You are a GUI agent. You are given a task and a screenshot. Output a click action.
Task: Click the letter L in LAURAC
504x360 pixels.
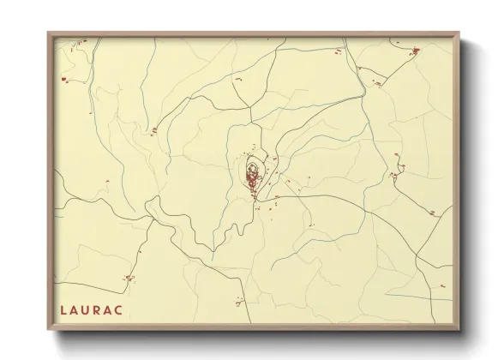[64, 307]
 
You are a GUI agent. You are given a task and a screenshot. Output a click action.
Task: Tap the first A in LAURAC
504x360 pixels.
[76, 307]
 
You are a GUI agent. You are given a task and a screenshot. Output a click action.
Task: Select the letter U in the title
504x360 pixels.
[89, 307]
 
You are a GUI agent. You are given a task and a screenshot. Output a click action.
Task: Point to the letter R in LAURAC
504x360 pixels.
[103, 307]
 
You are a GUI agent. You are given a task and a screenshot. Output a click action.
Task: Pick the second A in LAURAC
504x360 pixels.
[116, 307]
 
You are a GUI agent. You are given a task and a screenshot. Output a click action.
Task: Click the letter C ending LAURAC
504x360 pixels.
[129, 307]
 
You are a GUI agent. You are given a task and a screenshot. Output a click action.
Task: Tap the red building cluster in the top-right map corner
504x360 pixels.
[415, 51]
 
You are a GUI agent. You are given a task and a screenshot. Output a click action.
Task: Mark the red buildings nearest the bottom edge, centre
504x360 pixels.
[239, 301]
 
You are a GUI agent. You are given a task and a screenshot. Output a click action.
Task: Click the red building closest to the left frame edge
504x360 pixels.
[63, 80]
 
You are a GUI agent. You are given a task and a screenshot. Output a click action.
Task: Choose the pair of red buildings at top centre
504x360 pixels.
[237, 80]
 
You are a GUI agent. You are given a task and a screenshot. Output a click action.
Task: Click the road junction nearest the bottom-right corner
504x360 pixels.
[417, 255]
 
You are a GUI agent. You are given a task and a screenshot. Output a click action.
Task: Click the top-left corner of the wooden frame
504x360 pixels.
[49, 33]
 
